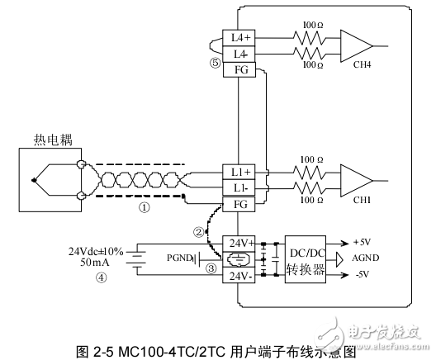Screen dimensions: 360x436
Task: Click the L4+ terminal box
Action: point(241,37)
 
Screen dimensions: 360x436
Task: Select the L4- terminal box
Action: point(241,53)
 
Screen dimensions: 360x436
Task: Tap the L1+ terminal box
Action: point(241,172)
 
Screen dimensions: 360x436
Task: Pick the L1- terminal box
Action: point(241,187)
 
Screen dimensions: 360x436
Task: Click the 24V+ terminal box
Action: point(241,244)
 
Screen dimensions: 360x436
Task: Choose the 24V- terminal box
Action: point(241,276)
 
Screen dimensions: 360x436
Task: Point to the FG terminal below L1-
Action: point(241,203)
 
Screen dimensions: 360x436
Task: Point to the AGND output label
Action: point(367,258)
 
